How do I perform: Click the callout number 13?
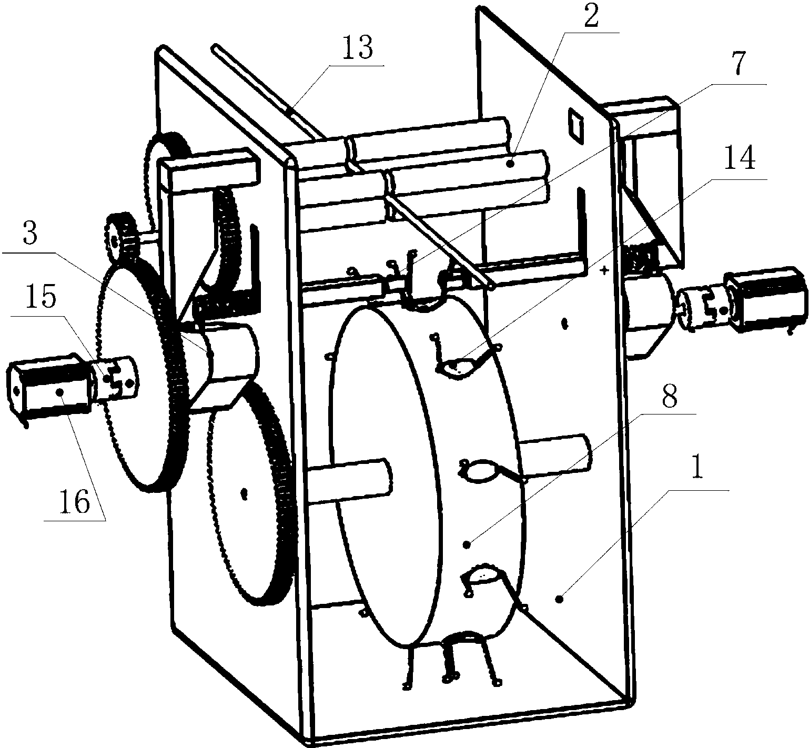357,49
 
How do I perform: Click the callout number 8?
669,398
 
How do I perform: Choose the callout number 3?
29,235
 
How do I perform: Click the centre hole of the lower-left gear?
244,493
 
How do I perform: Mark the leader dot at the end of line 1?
560,598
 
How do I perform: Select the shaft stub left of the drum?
350,479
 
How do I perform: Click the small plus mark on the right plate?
604,271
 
